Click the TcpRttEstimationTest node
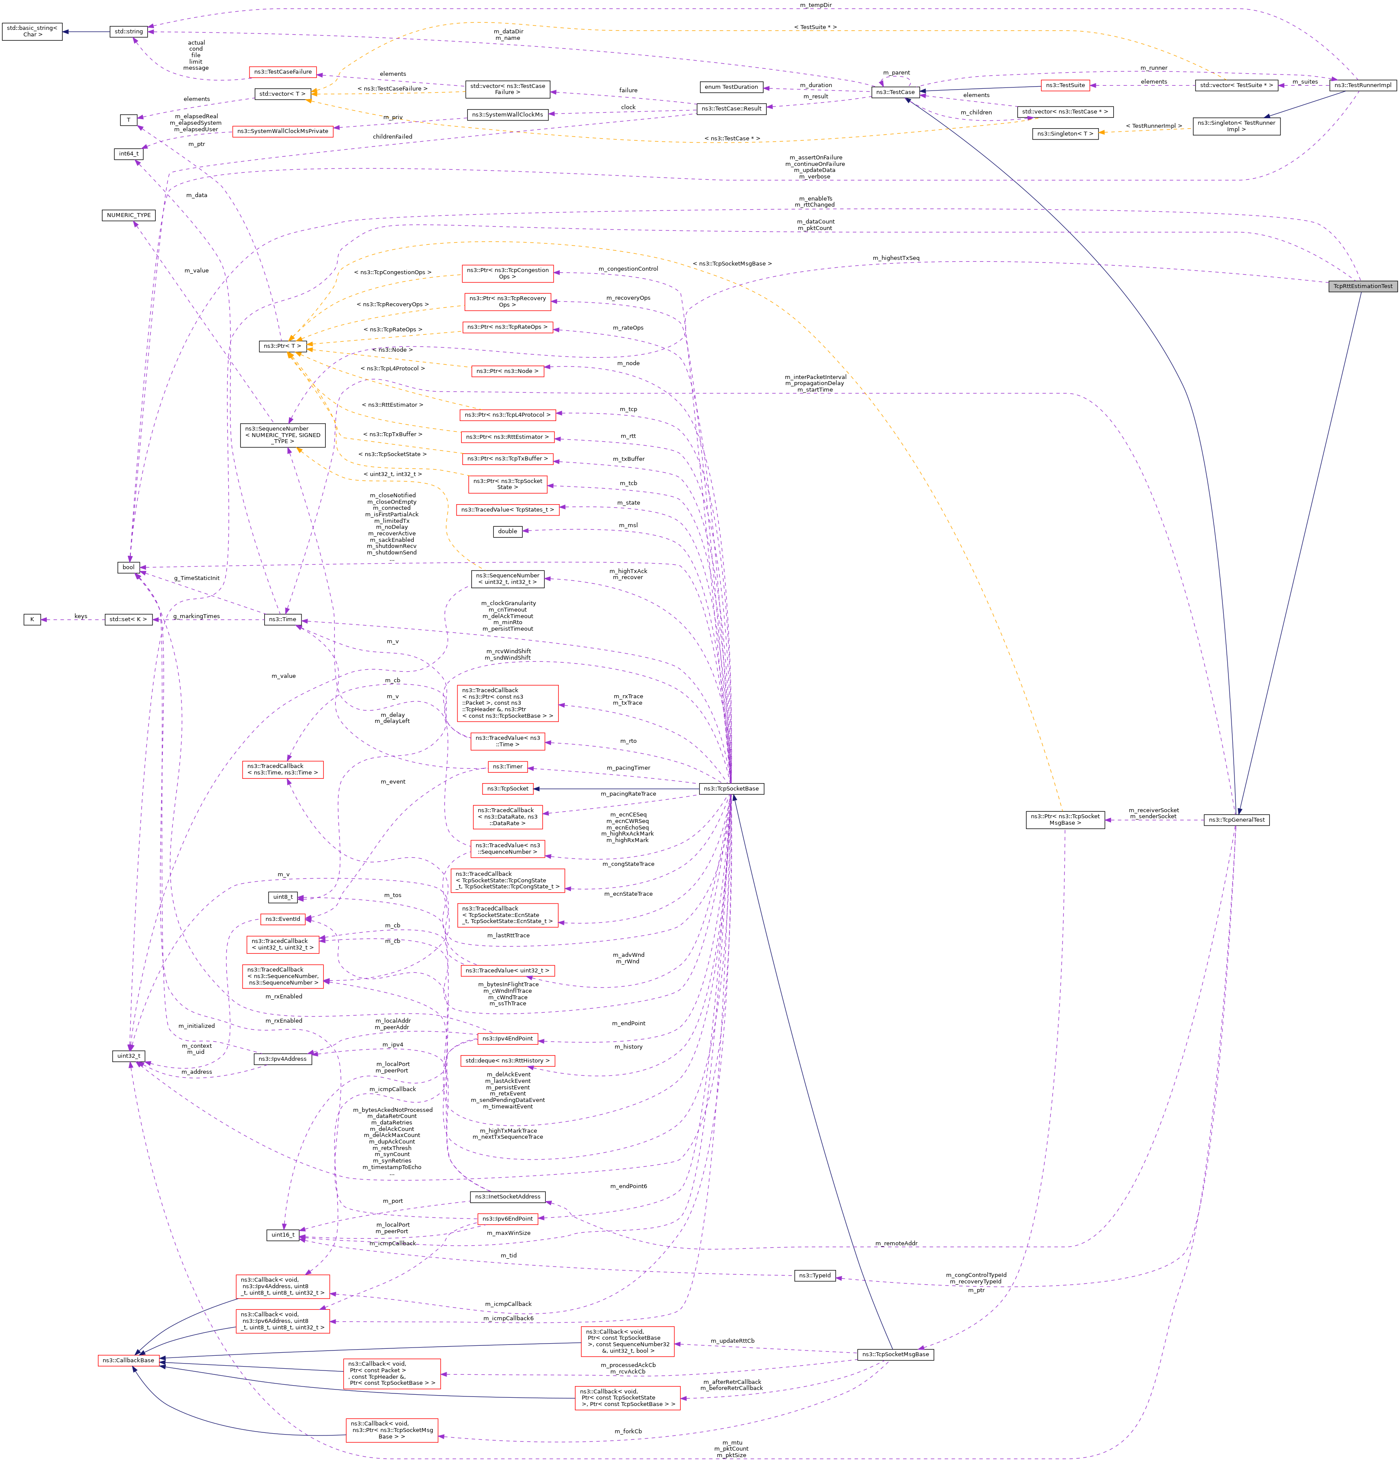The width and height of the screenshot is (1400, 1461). tap(1361, 286)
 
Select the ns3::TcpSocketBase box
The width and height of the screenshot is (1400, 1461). tap(731, 789)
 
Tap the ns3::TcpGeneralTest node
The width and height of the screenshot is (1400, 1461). tap(1236, 820)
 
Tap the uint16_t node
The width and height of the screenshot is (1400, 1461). tap(282, 1235)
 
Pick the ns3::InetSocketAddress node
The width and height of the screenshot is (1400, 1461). tap(508, 1196)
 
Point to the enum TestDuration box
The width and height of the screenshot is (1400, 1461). tap(731, 87)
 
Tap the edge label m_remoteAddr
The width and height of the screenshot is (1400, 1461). tap(895, 1243)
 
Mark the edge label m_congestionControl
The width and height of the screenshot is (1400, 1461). tap(628, 269)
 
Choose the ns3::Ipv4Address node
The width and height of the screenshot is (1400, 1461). tap(282, 1059)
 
